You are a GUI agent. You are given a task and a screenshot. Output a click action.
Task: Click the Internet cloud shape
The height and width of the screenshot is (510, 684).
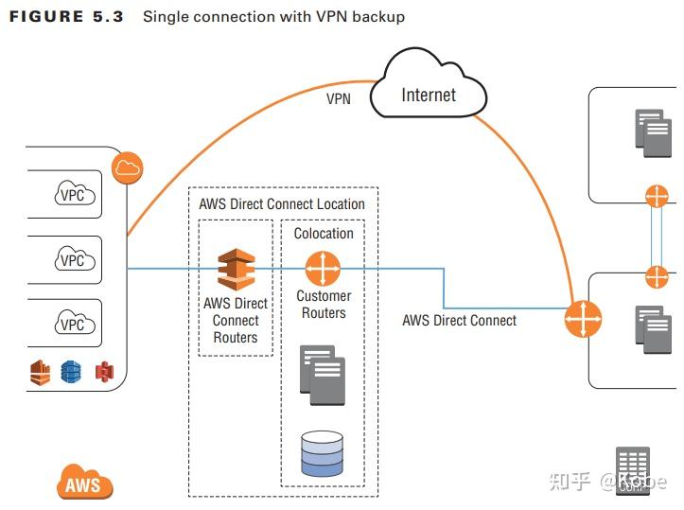(429, 94)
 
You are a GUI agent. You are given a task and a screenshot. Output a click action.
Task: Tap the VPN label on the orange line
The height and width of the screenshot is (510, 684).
(339, 97)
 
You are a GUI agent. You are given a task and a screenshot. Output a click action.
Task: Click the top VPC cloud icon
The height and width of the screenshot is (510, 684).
(72, 195)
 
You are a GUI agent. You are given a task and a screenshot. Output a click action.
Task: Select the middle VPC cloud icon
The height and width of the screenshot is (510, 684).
(72, 259)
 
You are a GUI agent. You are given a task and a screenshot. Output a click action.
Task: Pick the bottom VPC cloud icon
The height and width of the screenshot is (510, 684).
(72, 324)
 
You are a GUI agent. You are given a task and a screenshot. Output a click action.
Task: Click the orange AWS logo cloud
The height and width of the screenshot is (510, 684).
(84, 484)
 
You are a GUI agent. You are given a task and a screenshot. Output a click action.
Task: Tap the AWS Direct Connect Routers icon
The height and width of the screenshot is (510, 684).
(236, 270)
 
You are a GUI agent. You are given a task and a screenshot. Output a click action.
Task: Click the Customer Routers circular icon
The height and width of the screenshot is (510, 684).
(323, 269)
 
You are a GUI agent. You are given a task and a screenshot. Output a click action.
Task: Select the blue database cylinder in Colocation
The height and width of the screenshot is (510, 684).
(322, 453)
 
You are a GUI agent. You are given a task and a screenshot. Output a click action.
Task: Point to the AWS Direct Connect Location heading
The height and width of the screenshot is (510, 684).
(281, 203)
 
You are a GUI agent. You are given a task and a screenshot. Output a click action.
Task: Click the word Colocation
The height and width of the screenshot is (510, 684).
(324, 233)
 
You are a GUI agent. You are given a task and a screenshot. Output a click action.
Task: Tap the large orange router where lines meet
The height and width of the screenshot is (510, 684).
(583, 320)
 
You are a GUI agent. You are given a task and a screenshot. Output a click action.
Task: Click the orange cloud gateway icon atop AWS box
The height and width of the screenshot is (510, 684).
(127, 169)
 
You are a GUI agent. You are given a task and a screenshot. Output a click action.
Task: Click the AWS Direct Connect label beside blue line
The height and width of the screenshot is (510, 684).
(459, 320)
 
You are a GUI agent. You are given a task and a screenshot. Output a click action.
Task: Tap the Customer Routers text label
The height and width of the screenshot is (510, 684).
(324, 304)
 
